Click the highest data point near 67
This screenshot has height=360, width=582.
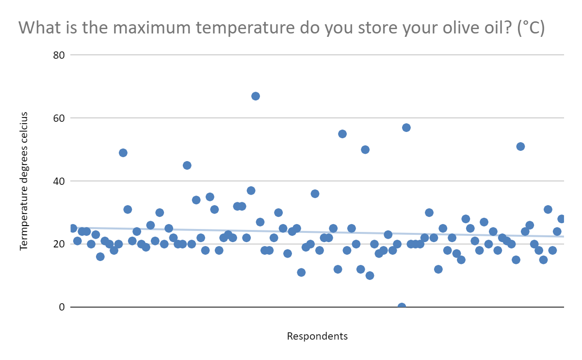(x=256, y=96)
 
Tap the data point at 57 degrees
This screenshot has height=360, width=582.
(x=406, y=128)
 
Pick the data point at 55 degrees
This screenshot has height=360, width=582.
(x=342, y=134)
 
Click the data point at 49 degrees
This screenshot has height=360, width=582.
(x=123, y=153)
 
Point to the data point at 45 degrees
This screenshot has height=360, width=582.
(x=187, y=165)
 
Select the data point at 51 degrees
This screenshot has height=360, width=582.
(x=520, y=147)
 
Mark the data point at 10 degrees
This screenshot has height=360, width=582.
(x=370, y=276)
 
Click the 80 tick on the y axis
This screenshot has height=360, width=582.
(x=59, y=55)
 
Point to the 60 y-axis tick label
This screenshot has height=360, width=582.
(x=59, y=118)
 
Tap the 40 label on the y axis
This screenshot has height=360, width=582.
(x=59, y=181)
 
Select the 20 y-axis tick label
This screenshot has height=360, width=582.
(x=59, y=244)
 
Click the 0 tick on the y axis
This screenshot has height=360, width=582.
(x=62, y=307)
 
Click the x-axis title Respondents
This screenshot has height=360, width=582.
(x=317, y=336)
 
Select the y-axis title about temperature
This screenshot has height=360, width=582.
(x=24, y=181)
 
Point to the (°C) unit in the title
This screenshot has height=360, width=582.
(x=531, y=28)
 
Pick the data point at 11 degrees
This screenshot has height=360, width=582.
(x=301, y=272)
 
